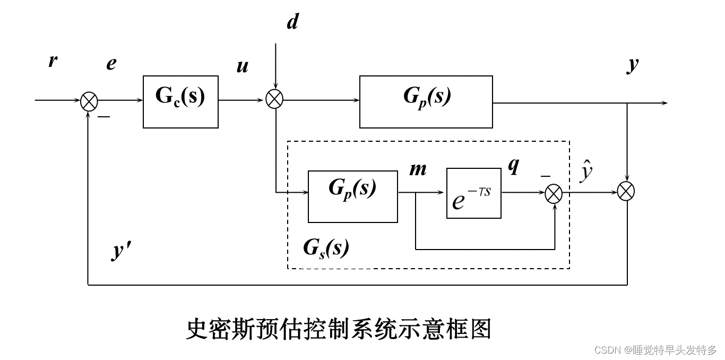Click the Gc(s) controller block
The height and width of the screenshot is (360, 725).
180,101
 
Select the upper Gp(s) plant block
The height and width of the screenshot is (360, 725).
426,101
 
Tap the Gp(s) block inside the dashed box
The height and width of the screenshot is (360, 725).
352,196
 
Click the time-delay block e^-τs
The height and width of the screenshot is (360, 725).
473,193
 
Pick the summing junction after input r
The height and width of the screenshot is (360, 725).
89,101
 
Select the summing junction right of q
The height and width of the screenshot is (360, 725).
554,193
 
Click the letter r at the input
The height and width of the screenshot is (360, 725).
53,61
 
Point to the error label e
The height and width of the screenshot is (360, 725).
111,64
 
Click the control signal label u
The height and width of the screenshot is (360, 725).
242,67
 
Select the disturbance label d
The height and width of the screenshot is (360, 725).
292,22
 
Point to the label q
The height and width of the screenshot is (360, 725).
513,166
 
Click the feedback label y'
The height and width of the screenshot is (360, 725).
122,251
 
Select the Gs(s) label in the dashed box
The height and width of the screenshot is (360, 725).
326,247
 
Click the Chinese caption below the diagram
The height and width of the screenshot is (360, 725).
339,329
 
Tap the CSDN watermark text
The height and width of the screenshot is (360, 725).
655,350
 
